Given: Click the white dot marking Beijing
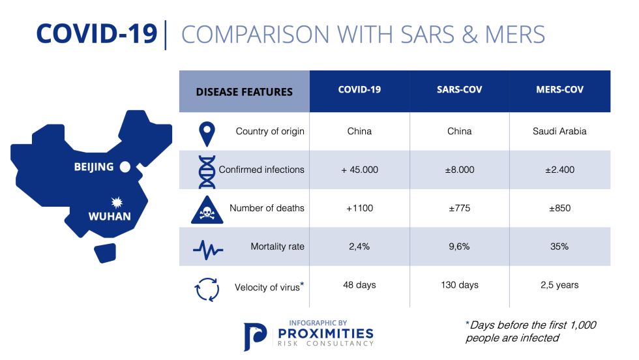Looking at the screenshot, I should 125,167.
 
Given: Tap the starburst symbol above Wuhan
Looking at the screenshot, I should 117,202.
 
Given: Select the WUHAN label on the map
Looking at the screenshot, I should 110,217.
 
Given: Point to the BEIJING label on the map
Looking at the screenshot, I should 94,167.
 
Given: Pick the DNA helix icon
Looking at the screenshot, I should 207,170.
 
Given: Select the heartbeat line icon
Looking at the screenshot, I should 208,248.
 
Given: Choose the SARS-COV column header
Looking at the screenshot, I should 459,90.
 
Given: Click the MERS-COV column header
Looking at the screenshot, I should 559,90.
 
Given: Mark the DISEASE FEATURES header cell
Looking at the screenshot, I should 245,92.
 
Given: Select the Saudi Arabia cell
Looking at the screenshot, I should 559,131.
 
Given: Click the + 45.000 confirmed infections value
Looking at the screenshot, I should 359,170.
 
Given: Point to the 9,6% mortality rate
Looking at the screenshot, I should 459,247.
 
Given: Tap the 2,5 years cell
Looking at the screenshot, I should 559,285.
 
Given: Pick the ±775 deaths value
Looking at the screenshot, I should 459,208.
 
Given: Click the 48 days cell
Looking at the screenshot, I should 359,285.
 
